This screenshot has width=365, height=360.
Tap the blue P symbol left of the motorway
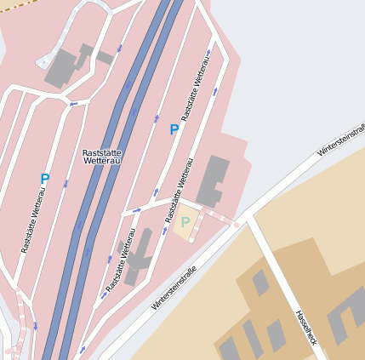45,180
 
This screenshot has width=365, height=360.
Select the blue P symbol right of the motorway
174,129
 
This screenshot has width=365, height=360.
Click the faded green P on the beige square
185,222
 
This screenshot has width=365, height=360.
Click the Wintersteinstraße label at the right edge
341,140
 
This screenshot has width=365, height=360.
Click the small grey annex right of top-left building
105,58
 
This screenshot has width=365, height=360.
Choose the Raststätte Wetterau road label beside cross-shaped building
120,260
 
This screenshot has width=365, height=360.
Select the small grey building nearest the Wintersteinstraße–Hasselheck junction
260,282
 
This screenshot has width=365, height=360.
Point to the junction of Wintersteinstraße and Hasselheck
248,217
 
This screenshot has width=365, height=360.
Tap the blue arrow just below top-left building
74,104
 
